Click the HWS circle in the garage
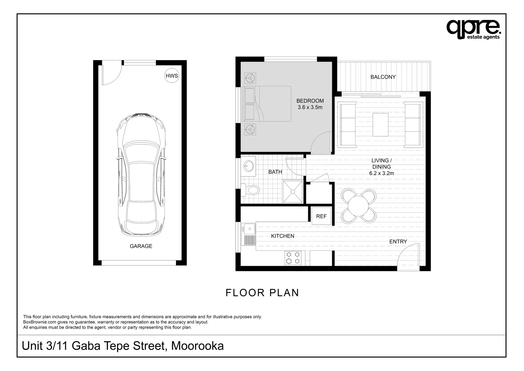(x=172, y=76)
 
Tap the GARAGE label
(x=141, y=246)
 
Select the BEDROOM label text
(x=310, y=101)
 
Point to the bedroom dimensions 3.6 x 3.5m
(x=310, y=107)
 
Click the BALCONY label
(x=383, y=77)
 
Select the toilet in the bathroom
(x=250, y=190)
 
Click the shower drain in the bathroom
(x=293, y=192)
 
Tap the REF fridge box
(x=321, y=216)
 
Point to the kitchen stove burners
(x=293, y=258)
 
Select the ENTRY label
(x=398, y=241)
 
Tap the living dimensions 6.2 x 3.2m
(x=381, y=173)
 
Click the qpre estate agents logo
(x=473, y=29)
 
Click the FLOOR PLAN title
(x=262, y=293)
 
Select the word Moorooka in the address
(x=197, y=346)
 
